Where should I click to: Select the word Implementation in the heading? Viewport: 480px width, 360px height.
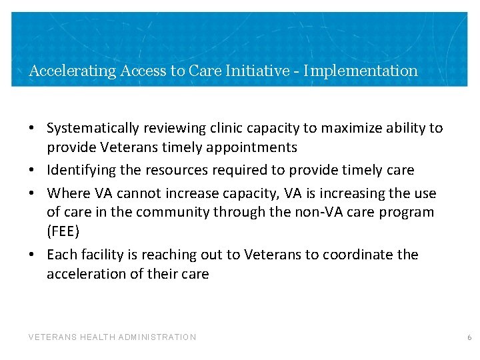[x=361, y=71]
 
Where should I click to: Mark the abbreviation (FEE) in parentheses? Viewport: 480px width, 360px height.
[x=64, y=231]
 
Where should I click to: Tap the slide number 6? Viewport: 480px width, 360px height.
[x=469, y=337]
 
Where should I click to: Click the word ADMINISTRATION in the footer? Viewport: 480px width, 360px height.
[x=157, y=337]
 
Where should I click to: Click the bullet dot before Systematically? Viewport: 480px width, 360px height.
[x=31, y=128]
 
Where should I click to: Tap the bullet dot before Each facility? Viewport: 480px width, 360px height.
[x=31, y=255]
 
